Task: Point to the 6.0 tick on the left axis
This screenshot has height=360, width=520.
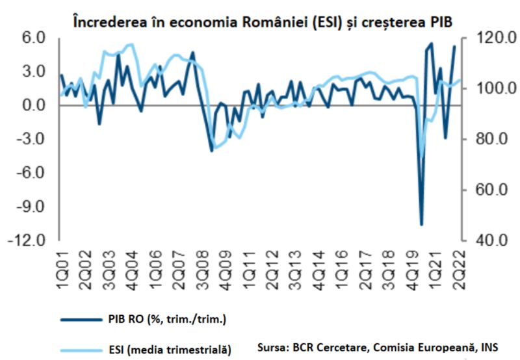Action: (x=29, y=38)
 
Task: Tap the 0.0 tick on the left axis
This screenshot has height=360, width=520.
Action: (x=29, y=105)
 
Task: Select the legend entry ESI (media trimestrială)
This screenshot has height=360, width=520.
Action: (x=168, y=350)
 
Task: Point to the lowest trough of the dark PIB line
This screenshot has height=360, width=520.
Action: (x=421, y=225)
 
